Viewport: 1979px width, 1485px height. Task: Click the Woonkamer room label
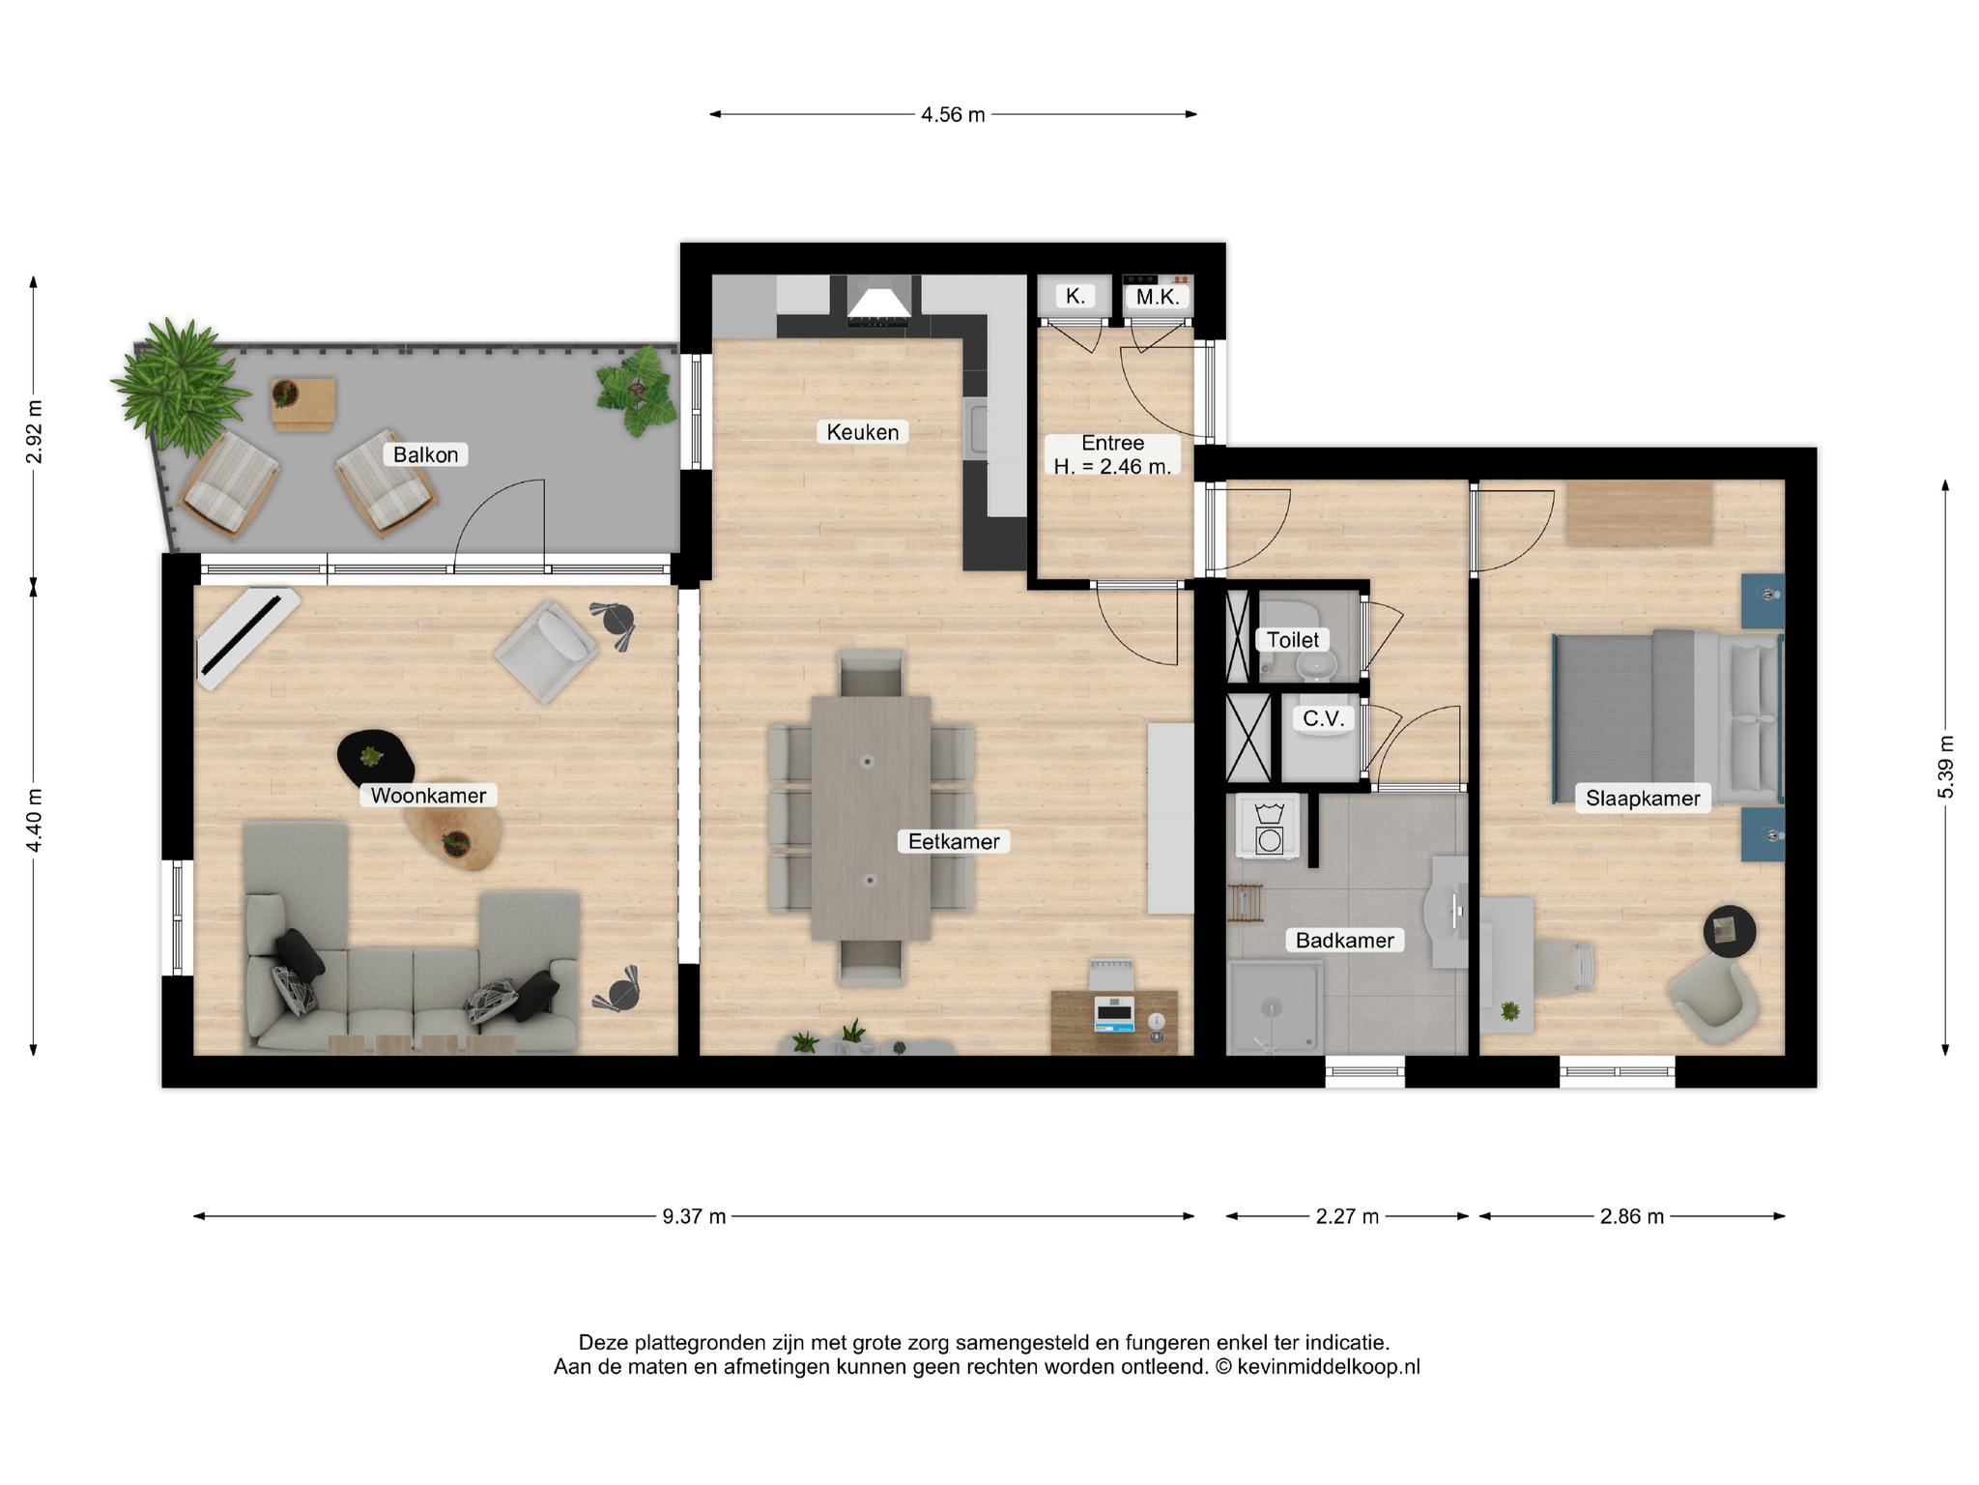pyautogui.click(x=428, y=796)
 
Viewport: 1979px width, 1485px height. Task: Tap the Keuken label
pyautogui.click(x=863, y=432)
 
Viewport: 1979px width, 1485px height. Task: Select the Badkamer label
pyautogui.click(x=1344, y=940)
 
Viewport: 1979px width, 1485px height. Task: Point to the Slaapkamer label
pyautogui.click(x=1643, y=799)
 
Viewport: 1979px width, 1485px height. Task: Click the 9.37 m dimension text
pyautogui.click(x=694, y=1216)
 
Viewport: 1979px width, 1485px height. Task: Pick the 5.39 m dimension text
pyautogui.click(x=1945, y=768)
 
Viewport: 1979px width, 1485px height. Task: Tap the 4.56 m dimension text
pyautogui.click(x=953, y=114)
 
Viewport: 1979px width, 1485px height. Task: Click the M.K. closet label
pyautogui.click(x=1158, y=297)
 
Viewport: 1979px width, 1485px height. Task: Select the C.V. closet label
pyautogui.click(x=1323, y=718)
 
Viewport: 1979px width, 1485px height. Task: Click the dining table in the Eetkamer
pyautogui.click(x=871, y=818)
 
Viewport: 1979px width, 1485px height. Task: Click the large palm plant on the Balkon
pyautogui.click(x=177, y=382)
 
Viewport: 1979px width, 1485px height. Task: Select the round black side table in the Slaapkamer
pyautogui.click(x=1730, y=931)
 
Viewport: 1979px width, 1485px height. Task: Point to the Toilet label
pyautogui.click(x=1293, y=640)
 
